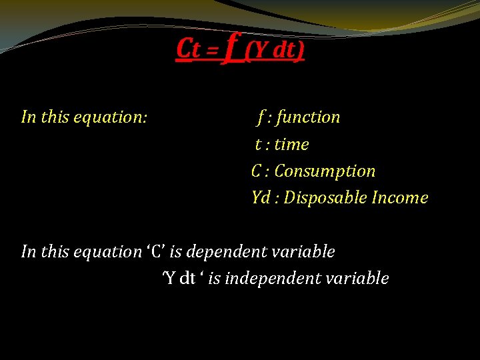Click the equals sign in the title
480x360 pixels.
pos(213,51)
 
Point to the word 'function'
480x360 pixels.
pos(308,117)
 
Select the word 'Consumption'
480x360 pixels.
pos(325,171)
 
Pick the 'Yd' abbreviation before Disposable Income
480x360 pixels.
pos(261,198)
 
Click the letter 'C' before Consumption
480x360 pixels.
pos(257,171)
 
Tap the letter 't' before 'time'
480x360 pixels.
pos(258,145)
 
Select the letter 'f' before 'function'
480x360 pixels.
pos(261,117)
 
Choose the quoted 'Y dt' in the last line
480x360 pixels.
pos(183,279)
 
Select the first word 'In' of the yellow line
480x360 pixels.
pos(29,117)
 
